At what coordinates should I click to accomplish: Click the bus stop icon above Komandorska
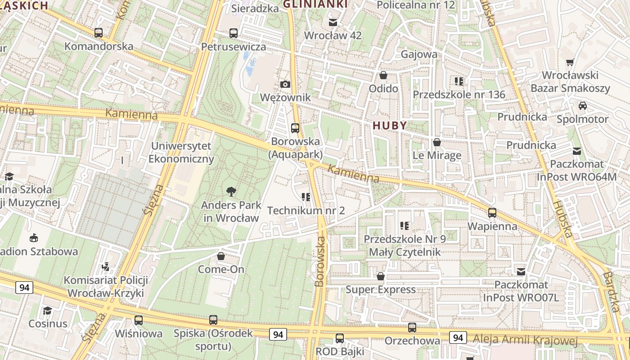tap(99, 33)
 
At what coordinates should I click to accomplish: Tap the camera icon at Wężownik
tap(285, 84)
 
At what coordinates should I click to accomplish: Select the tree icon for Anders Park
tap(231, 192)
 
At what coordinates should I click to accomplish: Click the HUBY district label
tap(390, 126)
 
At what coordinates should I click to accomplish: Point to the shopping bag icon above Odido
tap(383, 75)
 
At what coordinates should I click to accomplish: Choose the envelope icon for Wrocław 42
tap(333, 22)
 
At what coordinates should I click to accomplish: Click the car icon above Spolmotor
tap(582, 106)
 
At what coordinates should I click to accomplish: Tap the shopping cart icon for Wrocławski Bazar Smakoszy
tap(570, 62)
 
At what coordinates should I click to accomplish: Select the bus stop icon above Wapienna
tap(492, 213)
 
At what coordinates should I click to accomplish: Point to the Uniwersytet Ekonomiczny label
tap(181, 153)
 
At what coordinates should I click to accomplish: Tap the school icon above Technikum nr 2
tap(306, 197)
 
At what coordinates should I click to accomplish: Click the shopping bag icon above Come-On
tap(221, 256)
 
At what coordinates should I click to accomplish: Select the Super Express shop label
tap(381, 289)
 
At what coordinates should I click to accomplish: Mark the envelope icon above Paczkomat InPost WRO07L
tap(521, 271)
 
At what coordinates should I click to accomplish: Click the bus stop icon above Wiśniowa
tap(139, 320)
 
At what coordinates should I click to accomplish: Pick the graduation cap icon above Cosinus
tap(47, 310)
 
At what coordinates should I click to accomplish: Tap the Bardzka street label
tap(612, 291)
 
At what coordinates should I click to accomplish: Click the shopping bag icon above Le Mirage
tap(437, 143)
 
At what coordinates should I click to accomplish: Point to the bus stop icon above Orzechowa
tap(412, 328)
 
